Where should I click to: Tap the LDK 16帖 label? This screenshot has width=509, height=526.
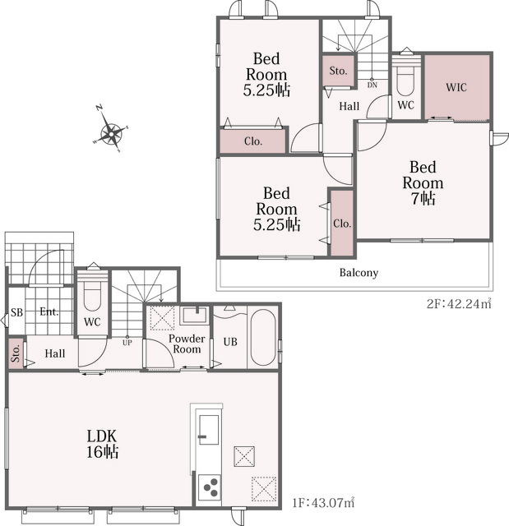coord(102,444)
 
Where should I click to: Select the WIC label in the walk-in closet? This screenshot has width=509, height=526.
coord(456,87)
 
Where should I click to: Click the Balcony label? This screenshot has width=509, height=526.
coord(359,272)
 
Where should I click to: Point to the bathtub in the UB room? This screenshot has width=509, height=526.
coord(263,337)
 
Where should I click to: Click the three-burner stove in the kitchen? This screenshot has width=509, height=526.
coord(209,487)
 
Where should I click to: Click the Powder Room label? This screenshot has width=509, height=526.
coord(187,344)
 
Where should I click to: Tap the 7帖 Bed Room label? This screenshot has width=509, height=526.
coord(423,182)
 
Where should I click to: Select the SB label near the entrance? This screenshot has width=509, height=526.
coord(16,312)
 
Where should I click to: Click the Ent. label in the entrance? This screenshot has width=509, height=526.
coord(49,311)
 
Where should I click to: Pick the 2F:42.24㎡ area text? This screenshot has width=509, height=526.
coord(459,303)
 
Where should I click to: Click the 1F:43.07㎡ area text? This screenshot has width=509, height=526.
coord(323,502)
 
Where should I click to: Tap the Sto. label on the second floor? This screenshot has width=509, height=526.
coord(338,71)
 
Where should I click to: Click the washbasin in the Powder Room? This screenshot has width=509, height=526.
coord(194,316)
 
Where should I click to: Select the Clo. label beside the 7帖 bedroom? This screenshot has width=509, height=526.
coord(342,224)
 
